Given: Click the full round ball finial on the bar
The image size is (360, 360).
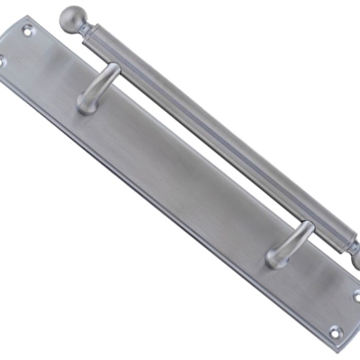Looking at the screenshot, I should pos(71,19).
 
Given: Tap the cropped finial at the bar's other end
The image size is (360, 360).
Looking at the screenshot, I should pos(355,261).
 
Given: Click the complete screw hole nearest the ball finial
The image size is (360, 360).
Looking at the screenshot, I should pos(27,30).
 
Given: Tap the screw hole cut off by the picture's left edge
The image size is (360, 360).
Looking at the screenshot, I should pos(2,61).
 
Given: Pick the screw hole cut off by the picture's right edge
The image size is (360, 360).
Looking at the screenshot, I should pos(357,297).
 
